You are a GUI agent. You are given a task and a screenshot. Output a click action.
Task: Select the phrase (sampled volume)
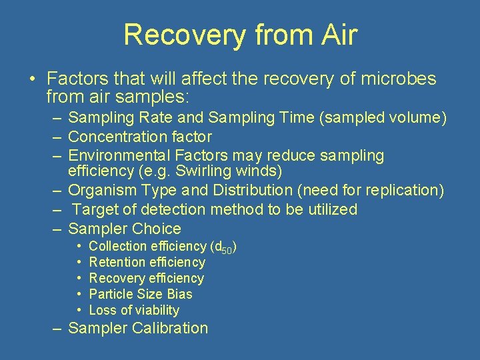391,118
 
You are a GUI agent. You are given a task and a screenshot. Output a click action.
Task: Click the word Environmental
120,155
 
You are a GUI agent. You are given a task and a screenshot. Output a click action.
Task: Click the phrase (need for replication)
371,190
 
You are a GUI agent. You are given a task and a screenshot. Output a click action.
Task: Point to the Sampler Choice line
125,229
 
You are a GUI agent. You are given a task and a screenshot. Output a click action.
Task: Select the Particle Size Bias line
140,294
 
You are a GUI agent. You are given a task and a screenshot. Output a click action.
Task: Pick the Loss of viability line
134,310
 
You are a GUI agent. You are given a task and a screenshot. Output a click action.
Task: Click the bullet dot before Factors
32,80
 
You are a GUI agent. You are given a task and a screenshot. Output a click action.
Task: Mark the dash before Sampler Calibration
59,328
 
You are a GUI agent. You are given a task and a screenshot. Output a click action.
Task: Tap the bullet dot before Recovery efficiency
79,278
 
